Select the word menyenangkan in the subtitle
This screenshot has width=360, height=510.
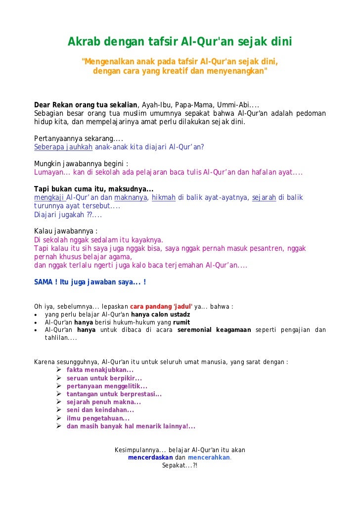[237, 71]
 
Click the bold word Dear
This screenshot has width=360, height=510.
[43, 105]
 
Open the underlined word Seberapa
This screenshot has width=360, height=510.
[48, 147]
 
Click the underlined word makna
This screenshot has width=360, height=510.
[134, 197]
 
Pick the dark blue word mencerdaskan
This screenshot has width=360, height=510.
[150, 458]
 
